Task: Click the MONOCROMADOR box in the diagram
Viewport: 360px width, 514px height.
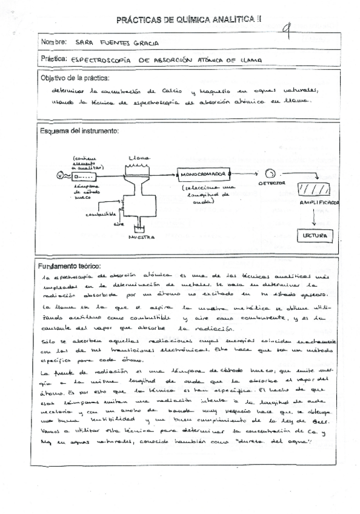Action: [203, 175]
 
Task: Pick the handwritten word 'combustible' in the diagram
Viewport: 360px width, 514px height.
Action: [102, 214]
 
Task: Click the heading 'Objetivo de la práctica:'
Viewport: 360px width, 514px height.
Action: [74, 78]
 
